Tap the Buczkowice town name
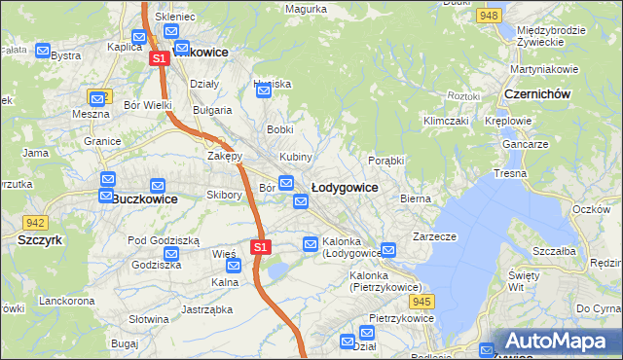click(144, 198)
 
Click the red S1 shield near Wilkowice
click(161, 59)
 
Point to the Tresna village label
click(510, 173)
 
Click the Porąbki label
click(386, 161)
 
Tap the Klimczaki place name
click(446, 121)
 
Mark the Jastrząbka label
click(206, 309)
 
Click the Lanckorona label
click(66, 302)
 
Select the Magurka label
click(305, 9)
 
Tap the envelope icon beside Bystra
click(42, 50)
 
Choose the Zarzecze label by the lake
click(434, 235)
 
